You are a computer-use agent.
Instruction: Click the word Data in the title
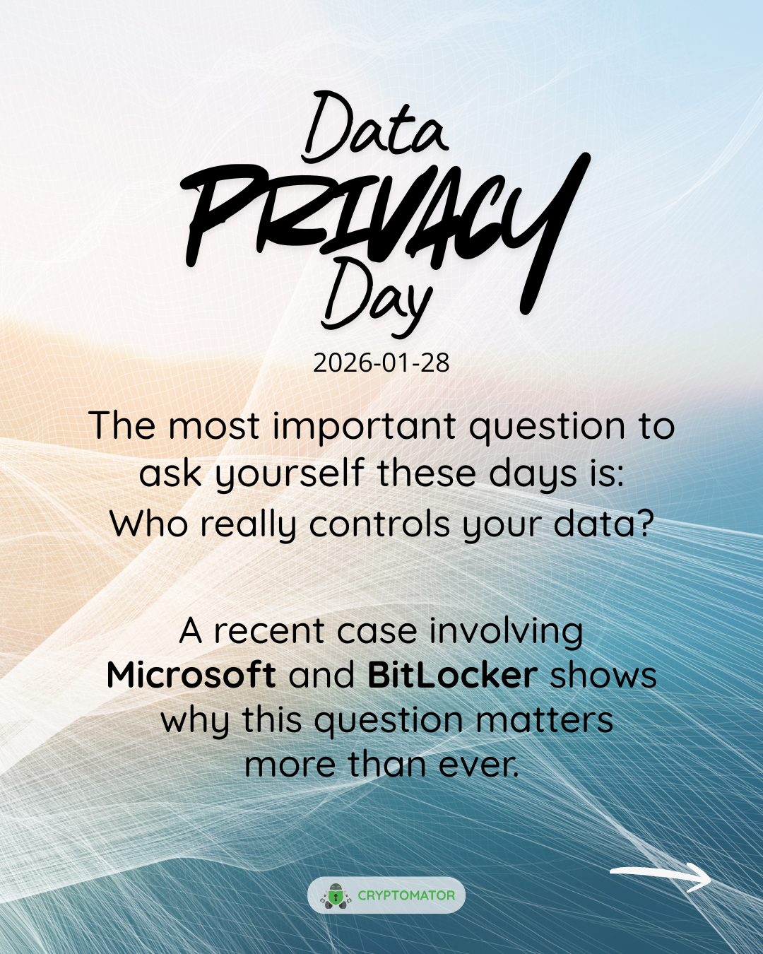[374, 127]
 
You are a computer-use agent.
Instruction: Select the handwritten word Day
[377, 296]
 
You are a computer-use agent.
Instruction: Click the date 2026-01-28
[381, 363]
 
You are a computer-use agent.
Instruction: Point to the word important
[364, 426]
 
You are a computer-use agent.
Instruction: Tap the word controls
[379, 524]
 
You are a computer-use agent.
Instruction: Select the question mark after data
[646, 523]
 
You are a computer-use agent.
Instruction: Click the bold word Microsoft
[191, 675]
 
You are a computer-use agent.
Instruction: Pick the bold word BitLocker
[453, 675]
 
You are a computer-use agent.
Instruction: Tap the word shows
[603, 675]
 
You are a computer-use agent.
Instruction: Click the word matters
[545, 721]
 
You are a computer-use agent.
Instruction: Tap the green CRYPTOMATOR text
[406, 895]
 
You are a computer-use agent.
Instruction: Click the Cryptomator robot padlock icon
[336, 895]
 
